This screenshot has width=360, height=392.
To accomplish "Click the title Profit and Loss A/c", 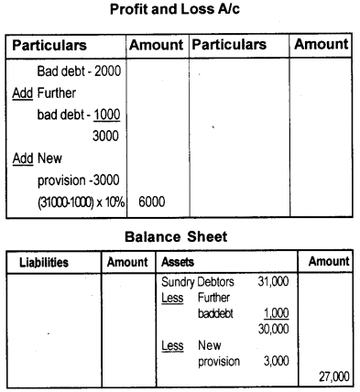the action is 180,11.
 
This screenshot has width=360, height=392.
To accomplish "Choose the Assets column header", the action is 178,262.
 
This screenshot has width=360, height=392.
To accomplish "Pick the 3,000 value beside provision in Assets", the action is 278,361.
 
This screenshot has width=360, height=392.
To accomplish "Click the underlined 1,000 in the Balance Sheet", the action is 277,312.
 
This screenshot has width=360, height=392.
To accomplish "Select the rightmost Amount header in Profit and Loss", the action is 321,44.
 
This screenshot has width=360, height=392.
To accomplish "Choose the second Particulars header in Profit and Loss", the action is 230,44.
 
